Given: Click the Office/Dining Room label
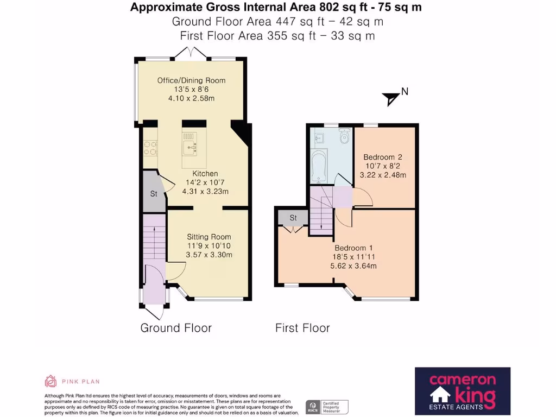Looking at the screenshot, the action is [192, 80].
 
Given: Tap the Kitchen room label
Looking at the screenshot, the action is [205, 173].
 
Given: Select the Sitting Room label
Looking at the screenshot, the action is [209, 237].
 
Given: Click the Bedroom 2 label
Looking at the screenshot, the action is [383, 157].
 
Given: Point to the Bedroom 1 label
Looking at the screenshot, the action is [353, 248].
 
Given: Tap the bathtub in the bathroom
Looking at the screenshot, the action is [319, 166].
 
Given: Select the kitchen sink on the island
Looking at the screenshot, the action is [190, 148].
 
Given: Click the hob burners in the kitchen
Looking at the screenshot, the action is [150, 148].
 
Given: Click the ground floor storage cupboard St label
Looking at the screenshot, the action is [154, 194].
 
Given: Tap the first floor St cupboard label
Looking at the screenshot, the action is [293, 218].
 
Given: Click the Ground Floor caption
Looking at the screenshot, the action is [176, 328].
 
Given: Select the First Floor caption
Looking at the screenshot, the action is [302, 328].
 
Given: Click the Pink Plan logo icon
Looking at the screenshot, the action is [50, 381].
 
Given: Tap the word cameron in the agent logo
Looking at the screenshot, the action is [463, 380].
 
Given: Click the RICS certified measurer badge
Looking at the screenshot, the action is [326, 407].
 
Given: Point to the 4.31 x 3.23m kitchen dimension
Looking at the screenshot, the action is [205, 192].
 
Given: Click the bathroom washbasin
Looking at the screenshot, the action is [319, 137].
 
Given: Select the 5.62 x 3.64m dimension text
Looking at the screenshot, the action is [353, 266].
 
